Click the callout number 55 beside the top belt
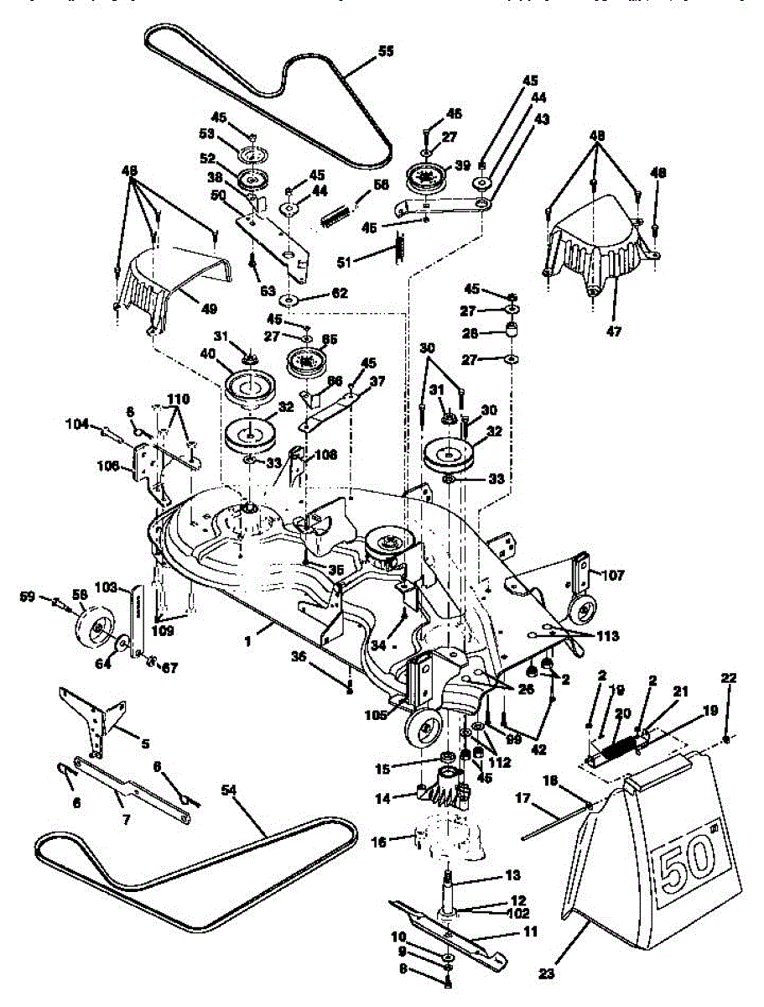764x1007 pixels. (385, 51)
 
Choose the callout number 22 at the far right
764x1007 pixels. (728, 677)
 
